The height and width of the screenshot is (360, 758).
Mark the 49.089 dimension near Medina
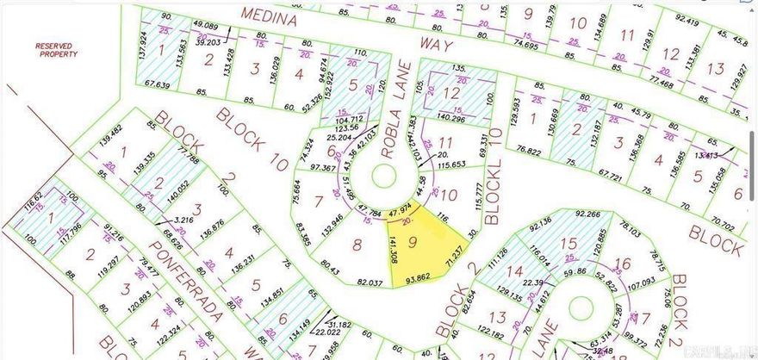click(x=205, y=26)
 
